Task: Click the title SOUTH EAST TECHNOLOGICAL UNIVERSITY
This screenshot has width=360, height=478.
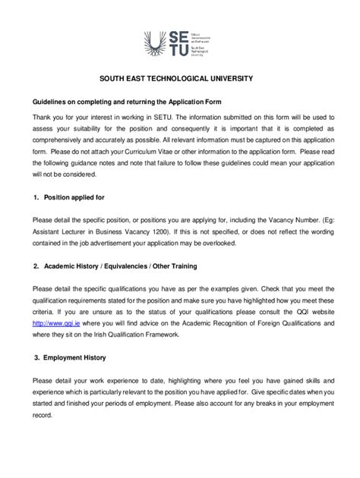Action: [179, 79]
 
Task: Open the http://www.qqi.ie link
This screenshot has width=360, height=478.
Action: [55, 322]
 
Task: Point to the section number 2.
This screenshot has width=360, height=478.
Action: [36, 267]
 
